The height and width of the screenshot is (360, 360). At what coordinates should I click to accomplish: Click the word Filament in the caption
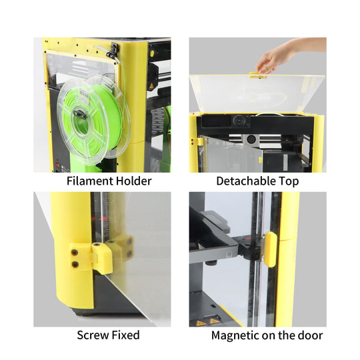(89, 181)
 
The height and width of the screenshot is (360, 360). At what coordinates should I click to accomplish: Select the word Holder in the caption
(131, 181)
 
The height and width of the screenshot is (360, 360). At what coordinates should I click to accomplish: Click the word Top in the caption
(289, 181)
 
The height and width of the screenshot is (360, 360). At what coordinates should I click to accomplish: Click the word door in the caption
(310, 335)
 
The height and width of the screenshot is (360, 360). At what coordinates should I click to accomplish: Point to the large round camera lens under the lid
(239, 121)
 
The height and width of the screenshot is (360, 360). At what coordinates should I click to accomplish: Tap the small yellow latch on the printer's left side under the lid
(199, 141)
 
